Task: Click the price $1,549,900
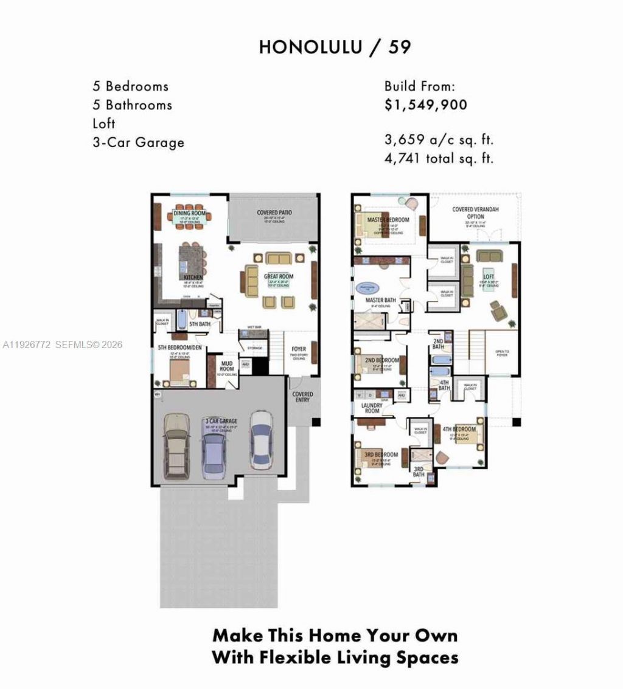coord(426,105)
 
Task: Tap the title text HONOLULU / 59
coord(335,47)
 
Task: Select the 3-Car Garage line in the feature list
coord(138,142)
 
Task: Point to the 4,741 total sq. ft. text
coord(439,159)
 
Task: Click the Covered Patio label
coord(274,213)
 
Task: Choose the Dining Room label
coord(190,214)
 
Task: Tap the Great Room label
coord(279,276)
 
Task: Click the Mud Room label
coord(227,365)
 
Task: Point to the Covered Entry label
coord(302,397)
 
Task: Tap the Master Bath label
coord(381,300)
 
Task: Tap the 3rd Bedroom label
coord(381,454)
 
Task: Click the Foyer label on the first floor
coord(299,349)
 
